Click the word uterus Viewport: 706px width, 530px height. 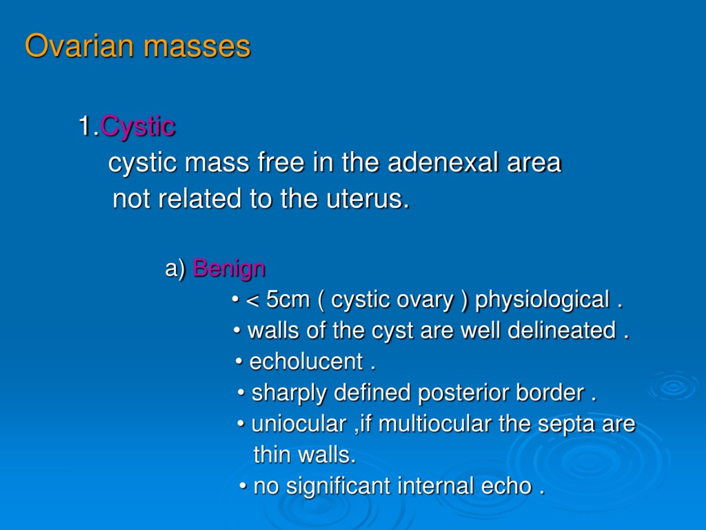(367, 199)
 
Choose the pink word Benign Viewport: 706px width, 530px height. (229, 269)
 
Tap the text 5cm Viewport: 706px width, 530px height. (288, 300)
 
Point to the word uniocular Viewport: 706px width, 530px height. (299, 424)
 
